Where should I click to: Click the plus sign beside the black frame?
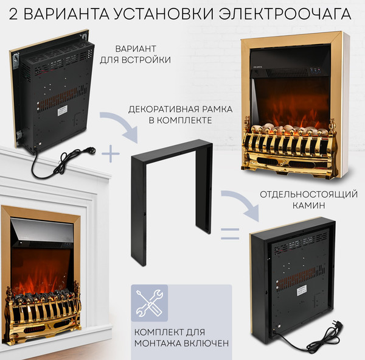pyautogui.click(x=110, y=154)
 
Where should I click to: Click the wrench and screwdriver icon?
pyautogui.click(x=150, y=303)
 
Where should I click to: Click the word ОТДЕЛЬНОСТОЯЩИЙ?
pyautogui.click(x=289, y=194)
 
